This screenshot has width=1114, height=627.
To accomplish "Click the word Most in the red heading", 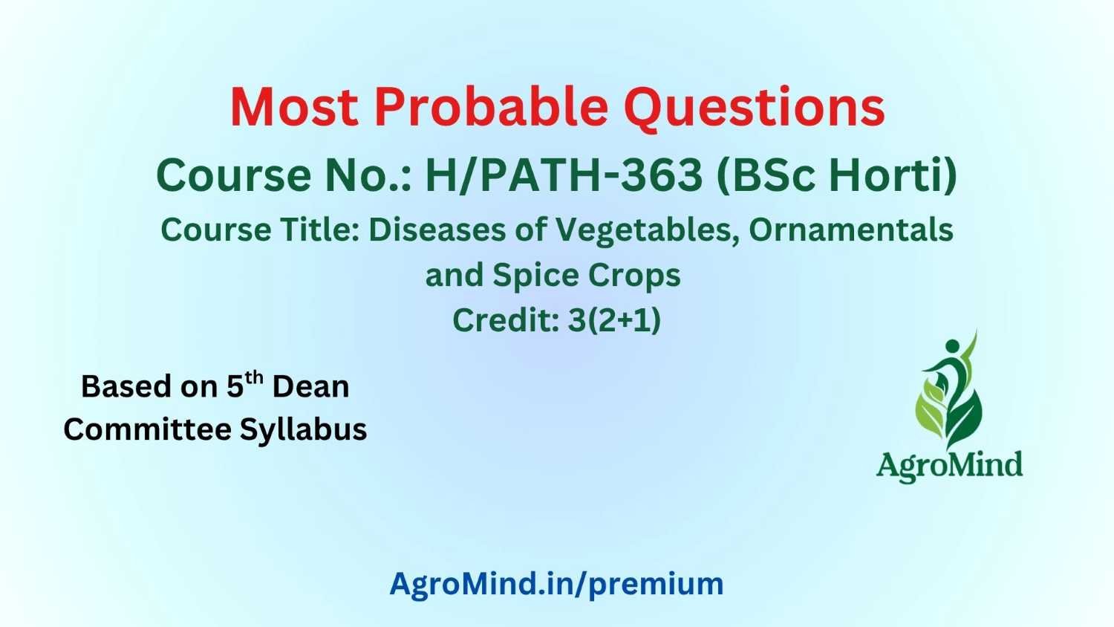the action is click(x=294, y=107).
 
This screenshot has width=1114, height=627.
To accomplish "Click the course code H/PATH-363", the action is click(x=564, y=175).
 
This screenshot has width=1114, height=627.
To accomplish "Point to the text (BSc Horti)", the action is click(x=836, y=175).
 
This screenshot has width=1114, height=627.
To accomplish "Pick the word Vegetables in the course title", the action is click(x=643, y=231).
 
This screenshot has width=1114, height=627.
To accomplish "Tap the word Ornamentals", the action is click(x=851, y=230).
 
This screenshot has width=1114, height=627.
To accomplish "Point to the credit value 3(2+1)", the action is click(x=614, y=320).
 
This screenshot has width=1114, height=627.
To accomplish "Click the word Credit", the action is click(x=506, y=320).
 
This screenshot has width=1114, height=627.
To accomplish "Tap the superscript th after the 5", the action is click(x=254, y=378).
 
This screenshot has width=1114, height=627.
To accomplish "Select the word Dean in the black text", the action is click(x=311, y=387).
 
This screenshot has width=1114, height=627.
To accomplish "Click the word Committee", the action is click(x=148, y=429).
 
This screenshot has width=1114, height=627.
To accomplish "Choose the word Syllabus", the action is click(x=303, y=430).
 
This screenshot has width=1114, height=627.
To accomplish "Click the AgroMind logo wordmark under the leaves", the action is click(x=949, y=466).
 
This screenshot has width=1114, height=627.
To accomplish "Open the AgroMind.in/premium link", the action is click(x=556, y=584).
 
